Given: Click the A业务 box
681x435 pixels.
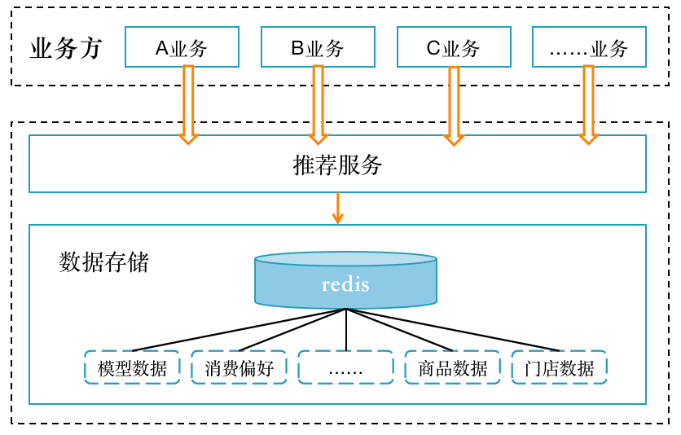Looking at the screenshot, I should click(182, 47).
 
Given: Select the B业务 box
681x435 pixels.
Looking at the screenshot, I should click(318, 47).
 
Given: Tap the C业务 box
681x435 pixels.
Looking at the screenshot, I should click(454, 47).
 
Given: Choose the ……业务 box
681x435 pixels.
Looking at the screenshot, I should click(589, 47).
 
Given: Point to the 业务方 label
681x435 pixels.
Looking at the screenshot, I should click(66, 49).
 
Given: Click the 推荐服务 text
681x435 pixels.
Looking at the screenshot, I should click(337, 165).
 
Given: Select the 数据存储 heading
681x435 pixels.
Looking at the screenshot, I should click(104, 262).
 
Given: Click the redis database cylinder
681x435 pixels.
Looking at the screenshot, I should click(345, 282).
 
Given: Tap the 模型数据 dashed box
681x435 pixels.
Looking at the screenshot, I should click(132, 367).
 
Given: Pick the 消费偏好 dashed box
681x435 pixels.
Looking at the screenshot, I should click(239, 367).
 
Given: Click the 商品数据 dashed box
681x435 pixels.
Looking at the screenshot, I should click(452, 367).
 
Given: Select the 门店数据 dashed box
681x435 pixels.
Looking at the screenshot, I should click(559, 367).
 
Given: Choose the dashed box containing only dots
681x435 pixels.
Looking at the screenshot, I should click(345, 367).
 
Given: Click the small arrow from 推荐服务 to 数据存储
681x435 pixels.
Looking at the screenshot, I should click(337, 208).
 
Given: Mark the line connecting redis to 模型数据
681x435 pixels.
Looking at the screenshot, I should click(239, 330).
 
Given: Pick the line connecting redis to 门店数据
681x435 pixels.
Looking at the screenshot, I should click(453, 330).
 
